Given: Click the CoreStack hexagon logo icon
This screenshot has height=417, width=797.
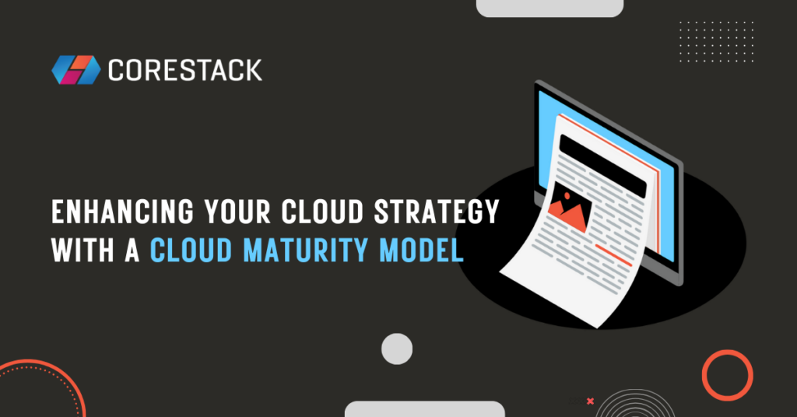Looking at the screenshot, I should tap(75, 69).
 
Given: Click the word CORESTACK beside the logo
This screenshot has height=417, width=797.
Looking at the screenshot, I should tap(185, 70).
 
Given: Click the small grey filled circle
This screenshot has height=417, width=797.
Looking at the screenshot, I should tap(397, 349).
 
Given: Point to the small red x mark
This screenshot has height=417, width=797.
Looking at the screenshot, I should tap(590, 401).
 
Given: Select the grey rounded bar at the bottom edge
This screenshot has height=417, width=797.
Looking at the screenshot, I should tap(424, 409).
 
